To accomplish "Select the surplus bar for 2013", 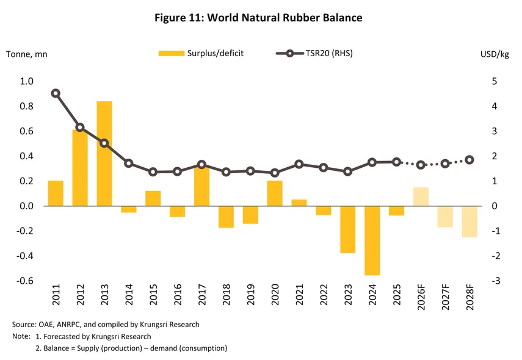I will [x=104, y=153].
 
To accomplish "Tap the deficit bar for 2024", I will [x=372, y=240].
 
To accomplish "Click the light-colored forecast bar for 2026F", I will [x=421, y=196].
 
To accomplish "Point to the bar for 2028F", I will [x=469, y=221].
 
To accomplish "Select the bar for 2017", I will [x=201, y=186].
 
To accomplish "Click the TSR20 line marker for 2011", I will [x=56, y=93].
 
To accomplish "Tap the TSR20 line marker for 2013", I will [x=104, y=143].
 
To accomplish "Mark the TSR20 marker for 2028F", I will [x=469, y=160].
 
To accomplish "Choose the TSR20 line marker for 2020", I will [x=275, y=173].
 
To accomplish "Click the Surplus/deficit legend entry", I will [x=201, y=54].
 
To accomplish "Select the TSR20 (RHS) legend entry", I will [x=314, y=54].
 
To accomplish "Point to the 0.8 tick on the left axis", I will [x=26, y=106].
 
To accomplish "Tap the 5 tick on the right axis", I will [x=495, y=81].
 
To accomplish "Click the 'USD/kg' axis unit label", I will [x=495, y=54].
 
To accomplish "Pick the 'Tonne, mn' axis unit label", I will [x=26, y=54].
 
